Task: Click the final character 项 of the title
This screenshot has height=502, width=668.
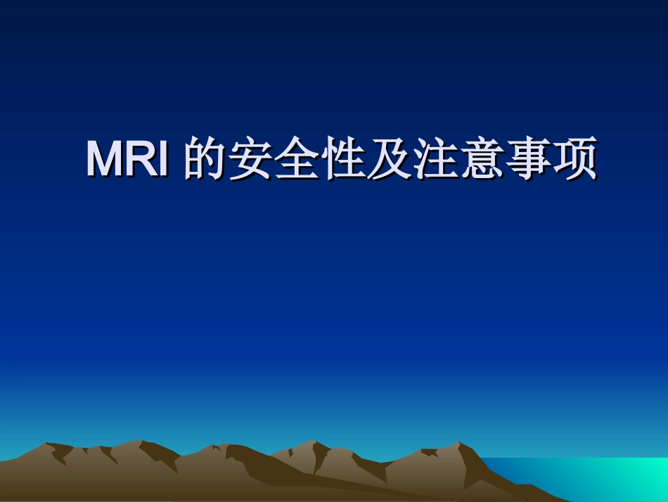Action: pos(574,160)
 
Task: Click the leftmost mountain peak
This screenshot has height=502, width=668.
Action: pos(49,446)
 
